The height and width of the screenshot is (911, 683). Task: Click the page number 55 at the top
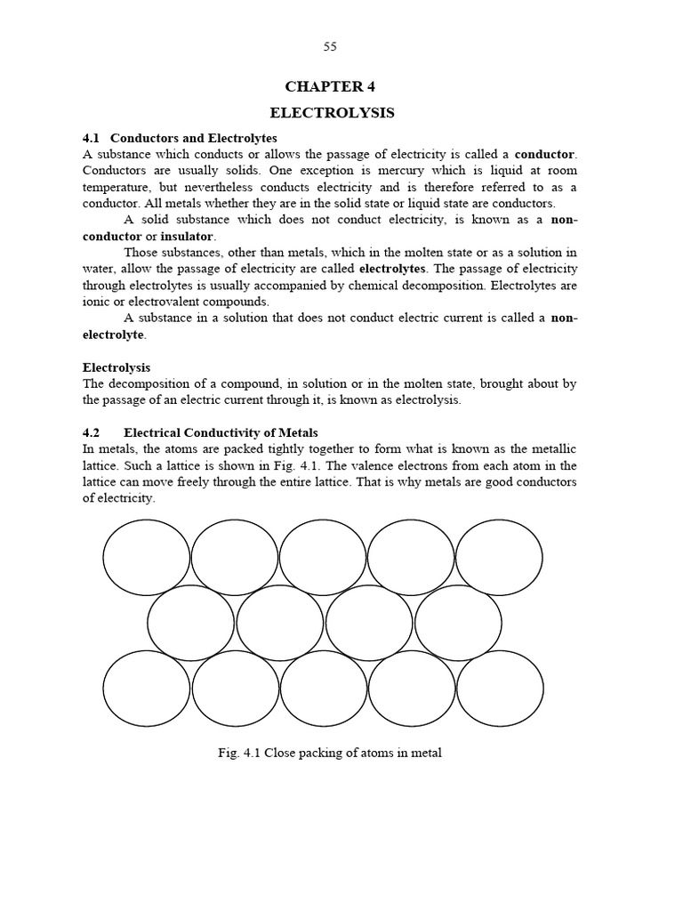(x=331, y=46)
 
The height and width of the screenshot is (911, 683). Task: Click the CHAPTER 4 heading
(x=325, y=86)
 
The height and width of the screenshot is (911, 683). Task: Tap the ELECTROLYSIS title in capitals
(x=332, y=113)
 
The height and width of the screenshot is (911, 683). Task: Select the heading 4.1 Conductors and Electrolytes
(x=180, y=138)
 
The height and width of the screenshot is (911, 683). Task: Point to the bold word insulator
(x=187, y=236)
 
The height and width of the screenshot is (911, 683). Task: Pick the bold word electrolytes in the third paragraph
(x=392, y=268)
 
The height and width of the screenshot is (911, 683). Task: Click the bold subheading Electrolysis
(x=117, y=367)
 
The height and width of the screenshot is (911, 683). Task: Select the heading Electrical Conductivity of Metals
(x=221, y=432)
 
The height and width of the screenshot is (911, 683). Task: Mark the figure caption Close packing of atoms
(x=330, y=753)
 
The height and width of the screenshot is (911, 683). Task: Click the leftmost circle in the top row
(x=146, y=558)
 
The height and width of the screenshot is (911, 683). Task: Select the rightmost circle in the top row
(x=499, y=558)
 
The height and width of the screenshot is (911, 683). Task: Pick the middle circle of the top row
(x=323, y=558)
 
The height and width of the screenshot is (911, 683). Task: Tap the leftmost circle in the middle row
(x=190, y=623)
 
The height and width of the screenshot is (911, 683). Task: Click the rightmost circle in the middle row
(x=458, y=623)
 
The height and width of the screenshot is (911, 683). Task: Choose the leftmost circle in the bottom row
(x=146, y=689)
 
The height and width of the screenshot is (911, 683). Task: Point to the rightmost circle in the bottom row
(x=500, y=689)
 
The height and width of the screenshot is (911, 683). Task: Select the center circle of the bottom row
(x=323, y=689)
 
